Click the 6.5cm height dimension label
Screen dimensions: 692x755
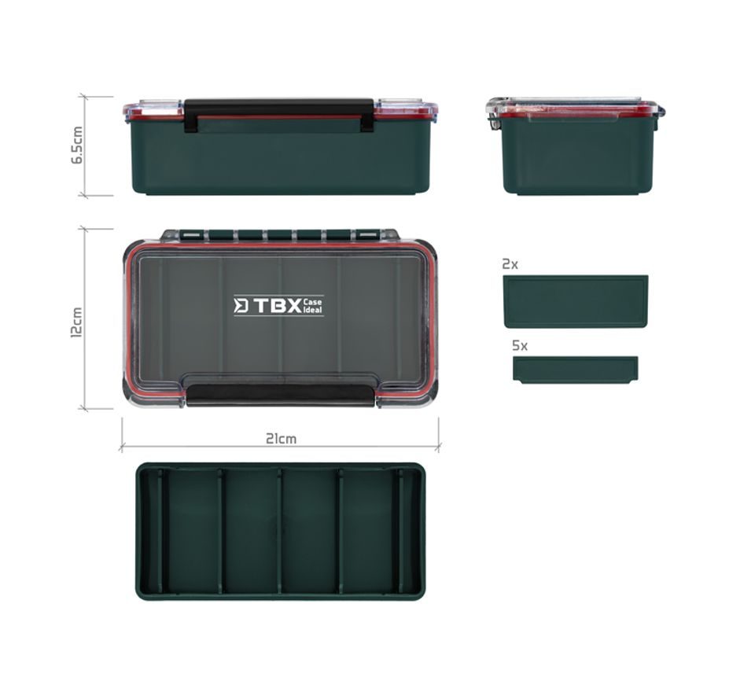77,145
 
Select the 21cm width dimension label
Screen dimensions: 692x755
281,438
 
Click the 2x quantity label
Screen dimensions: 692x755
510,265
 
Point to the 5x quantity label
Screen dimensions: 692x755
520,345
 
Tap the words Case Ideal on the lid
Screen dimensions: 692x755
313,306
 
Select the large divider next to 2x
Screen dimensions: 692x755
575,301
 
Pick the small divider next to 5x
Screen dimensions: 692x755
575,370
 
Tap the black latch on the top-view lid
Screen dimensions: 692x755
280,395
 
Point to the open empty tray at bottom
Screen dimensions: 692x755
280,532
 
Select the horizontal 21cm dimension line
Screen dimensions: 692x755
280,447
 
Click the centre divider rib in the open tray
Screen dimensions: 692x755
279,532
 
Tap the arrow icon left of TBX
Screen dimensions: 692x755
241,306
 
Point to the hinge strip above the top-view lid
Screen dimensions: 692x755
280,234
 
